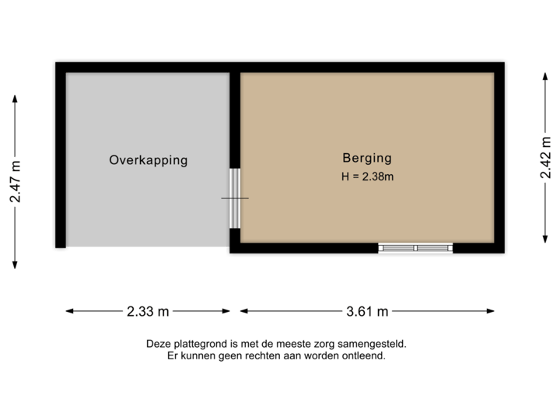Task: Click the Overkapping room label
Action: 149,161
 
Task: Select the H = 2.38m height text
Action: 367,177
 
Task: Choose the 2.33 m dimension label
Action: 148,311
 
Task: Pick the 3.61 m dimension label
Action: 367,311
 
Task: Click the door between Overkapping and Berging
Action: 235,198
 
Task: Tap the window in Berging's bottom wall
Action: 415,248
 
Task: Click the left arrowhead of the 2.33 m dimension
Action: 68,311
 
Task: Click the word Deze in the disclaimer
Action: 157,344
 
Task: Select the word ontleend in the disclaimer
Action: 366,356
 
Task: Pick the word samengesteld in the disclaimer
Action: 373,344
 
